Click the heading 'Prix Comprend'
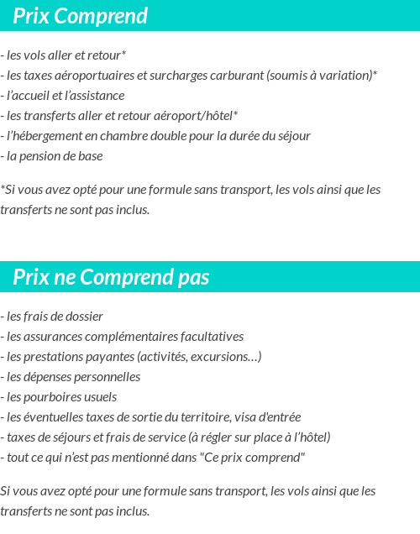click(80, 16)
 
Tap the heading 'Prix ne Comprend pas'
click(111, 277)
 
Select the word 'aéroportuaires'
click(92, 76)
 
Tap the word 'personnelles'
click(105, 377)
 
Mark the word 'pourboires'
click(52, 397)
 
